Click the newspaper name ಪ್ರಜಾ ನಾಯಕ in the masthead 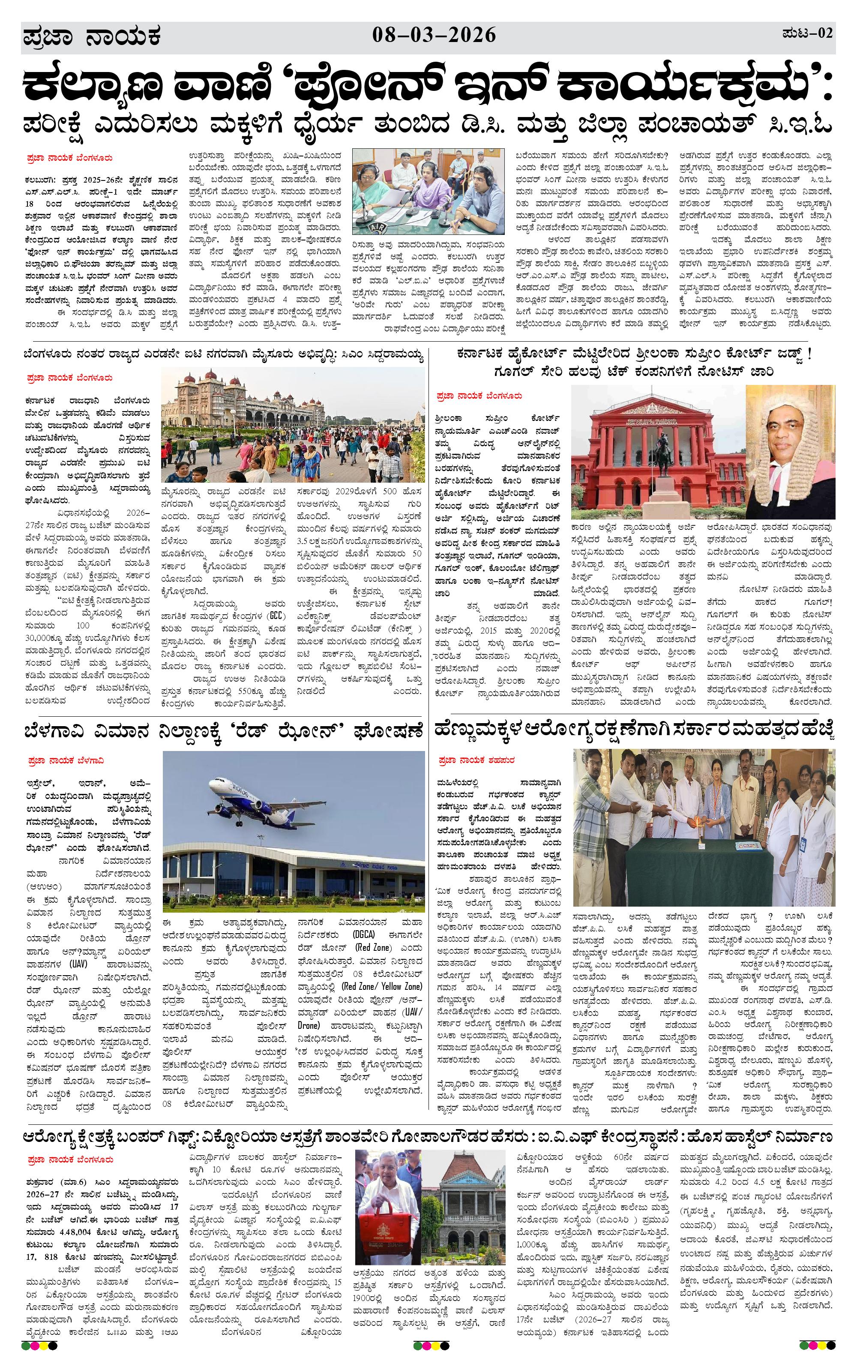click(92, 37)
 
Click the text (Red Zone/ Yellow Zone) click(382, 986)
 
